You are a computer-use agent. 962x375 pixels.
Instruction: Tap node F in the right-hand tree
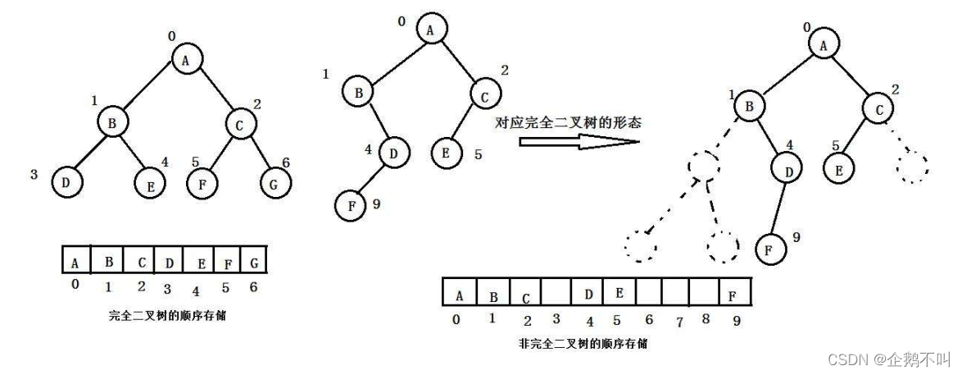pos(767,248)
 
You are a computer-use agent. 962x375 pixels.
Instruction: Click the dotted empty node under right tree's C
pos(911,168)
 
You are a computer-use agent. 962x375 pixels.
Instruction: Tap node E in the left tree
pos(151,185)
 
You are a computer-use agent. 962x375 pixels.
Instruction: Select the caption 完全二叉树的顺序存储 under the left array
pos(167,316)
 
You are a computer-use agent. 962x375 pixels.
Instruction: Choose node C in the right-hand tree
pos(878,108)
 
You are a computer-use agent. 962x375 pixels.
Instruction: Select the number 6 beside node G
pos(286,162)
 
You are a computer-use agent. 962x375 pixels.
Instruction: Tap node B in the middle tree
pos(357,92)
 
